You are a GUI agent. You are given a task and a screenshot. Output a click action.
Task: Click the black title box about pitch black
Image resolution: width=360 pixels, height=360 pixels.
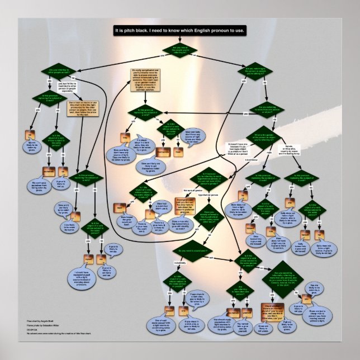click(179, 30)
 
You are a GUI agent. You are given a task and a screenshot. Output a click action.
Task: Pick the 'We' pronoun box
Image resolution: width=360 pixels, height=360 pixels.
click(31, 134)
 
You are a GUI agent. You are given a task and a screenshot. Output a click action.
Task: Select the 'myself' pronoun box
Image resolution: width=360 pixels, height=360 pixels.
click(88, 258)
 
